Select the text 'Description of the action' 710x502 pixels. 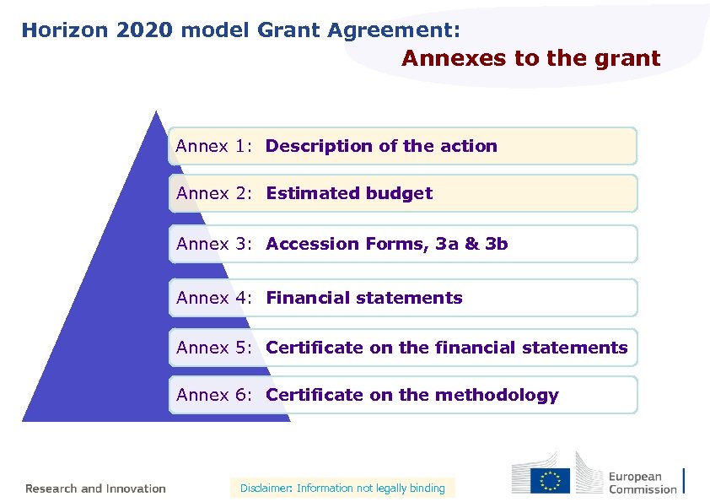(x=381, y=146)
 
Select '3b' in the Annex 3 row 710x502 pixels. (x=497, y=244)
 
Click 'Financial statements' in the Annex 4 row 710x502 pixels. (x=364, y=298)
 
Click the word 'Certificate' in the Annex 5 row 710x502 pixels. (x=315, y=348)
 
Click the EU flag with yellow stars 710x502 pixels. (x=550, y=480)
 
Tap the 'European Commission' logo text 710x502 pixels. (x=643, y=483)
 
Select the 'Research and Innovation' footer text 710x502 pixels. (x=95, y=489)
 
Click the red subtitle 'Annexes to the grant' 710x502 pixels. (x=530, y=59)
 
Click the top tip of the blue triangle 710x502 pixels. (x=156, y=112)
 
